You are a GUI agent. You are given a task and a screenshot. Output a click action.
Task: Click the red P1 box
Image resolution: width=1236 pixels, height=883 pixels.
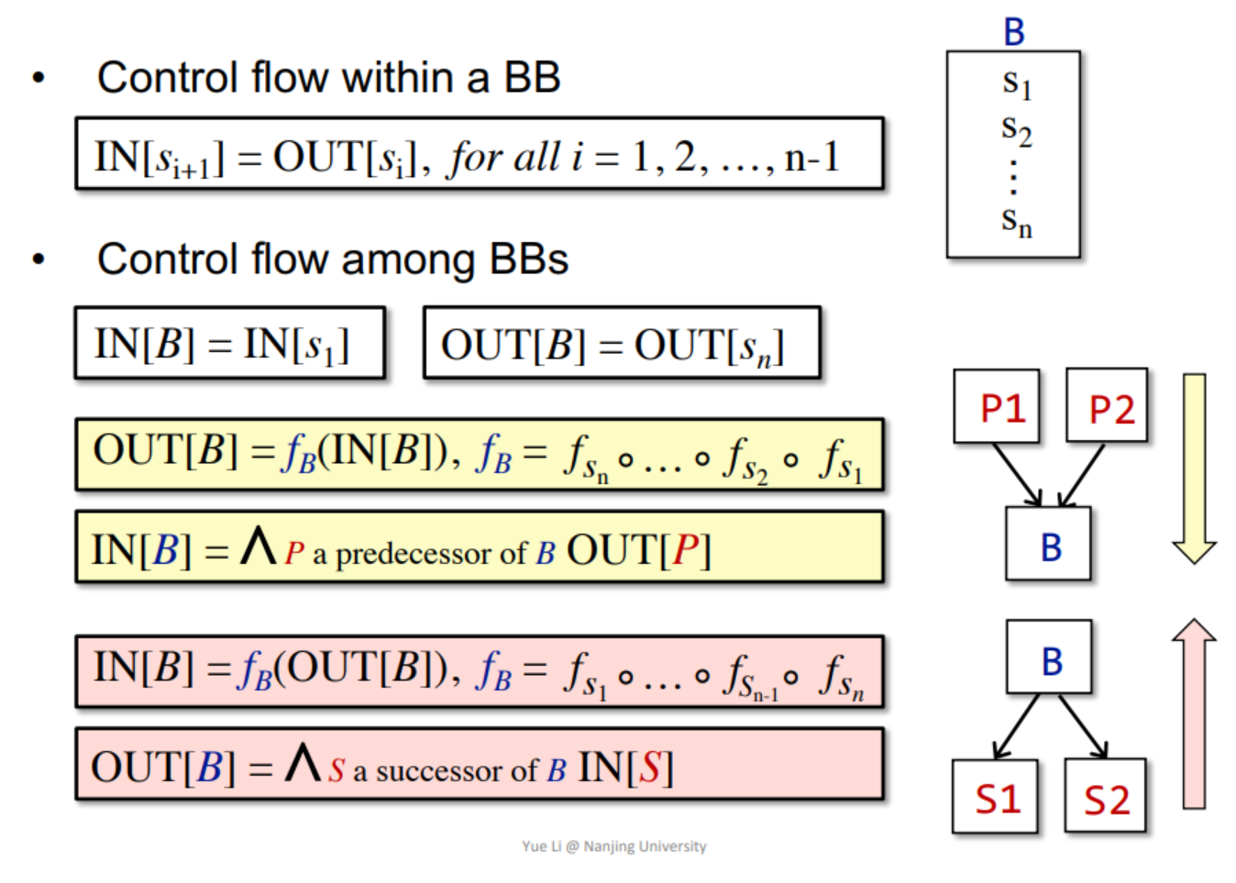click(x=997, y=407)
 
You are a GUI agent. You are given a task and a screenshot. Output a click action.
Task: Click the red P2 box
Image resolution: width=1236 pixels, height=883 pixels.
click(x=1108, y=407)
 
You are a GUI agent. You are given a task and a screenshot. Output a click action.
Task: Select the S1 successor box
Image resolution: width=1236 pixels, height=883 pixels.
click(x=996, y=798)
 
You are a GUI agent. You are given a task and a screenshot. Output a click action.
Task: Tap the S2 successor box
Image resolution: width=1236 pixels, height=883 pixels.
click(x=1106, y=798)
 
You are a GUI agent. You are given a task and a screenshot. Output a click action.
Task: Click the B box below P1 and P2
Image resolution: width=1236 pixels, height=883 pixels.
click(x=1049, y=546)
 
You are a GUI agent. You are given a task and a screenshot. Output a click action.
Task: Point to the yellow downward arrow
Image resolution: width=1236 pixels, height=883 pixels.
click(x=1194, y=468)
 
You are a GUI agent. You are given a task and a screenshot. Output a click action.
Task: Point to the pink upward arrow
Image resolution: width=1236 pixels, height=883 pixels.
click(x=1194, y=715)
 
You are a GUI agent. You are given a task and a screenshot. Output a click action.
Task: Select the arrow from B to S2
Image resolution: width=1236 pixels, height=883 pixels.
click(x=1083, y=725)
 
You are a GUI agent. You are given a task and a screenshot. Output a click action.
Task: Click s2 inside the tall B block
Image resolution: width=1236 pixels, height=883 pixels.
click(x=1016, y=129)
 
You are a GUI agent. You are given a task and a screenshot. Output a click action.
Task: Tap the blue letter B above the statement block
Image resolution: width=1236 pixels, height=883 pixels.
click(x=1013, y=32)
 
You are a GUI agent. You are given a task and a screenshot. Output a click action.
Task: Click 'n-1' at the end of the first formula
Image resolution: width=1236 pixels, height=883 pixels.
click(x=812, y=158)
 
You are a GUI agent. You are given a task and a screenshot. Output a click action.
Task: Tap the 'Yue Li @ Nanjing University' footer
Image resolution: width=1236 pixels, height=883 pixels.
click(x=613, y=846)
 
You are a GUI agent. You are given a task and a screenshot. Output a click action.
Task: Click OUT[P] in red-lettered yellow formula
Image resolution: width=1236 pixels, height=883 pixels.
click(x=638, y=550)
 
